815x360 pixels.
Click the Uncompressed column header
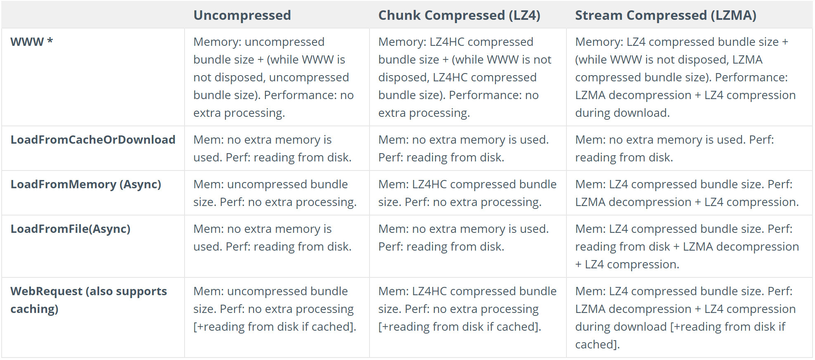tap(242, 15)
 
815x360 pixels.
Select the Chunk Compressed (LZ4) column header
tap(459, 15)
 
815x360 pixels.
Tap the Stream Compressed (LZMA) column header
tap(666, 15)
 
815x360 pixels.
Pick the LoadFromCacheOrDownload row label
tap(93, 140)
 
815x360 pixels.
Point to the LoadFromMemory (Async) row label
tap(86, 184)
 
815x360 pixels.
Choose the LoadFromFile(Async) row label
tap(71, 229)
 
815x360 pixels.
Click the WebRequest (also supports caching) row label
tap(88, 300)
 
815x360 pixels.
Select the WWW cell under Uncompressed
tap(273, 77)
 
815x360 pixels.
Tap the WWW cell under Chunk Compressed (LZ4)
tap(464, 77)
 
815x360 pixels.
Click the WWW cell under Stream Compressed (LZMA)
tap(685, 77)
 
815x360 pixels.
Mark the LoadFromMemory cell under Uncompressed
tap(275, 193)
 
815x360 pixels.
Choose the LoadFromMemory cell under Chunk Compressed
tap(467, 193)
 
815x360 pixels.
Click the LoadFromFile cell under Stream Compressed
tap(687, 246)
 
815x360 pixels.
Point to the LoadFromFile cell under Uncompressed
tap(272, 238)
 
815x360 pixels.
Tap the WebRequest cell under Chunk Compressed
tap(467, 309)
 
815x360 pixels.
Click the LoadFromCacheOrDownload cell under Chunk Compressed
tap(463, 149)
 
